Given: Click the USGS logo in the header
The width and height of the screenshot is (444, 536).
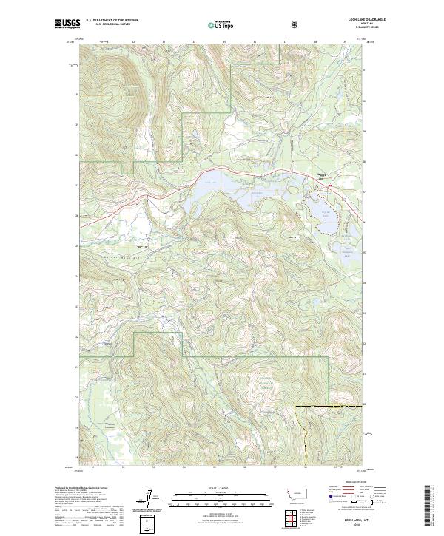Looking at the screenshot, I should pos(67,24).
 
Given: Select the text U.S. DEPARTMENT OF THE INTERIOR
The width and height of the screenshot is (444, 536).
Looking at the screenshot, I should pos(112,21).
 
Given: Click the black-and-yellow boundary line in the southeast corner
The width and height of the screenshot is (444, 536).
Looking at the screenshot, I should pos(326,406).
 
